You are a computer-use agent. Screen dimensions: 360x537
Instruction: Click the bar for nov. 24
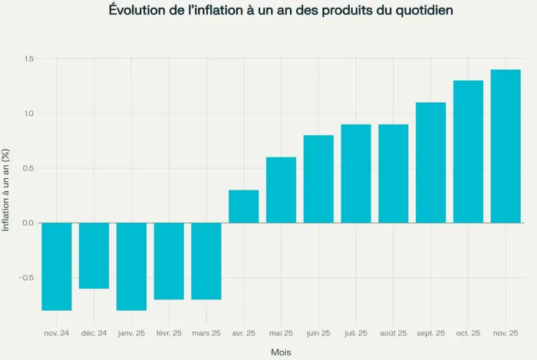click(57, 266)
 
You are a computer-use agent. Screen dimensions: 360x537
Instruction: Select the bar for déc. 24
click(94, 256)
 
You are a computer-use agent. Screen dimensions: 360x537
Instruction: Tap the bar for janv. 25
click(131, 266)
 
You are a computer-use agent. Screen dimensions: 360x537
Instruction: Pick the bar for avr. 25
click(244, 206)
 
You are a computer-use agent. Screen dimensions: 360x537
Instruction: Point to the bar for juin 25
click(318, 179)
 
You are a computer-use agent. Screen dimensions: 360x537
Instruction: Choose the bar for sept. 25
click(430, 163)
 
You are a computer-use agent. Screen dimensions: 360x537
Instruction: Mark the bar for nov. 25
click(506, 146)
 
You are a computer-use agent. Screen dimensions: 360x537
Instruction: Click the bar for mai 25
click(281, 190)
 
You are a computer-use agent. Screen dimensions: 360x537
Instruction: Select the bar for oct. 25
click(468, 151)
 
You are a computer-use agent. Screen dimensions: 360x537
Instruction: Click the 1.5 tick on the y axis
click(28, 59)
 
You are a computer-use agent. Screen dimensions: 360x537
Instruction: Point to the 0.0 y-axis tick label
click(28, 223)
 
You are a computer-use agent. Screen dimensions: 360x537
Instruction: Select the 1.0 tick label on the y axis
click(28, 114)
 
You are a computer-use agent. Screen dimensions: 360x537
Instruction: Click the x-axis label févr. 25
click(169, 333)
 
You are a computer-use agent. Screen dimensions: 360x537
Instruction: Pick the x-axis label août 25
click(393, 333)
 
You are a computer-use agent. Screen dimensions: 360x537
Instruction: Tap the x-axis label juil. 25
click(356, 333)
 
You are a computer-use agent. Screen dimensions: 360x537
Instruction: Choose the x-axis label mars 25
click(206, 333)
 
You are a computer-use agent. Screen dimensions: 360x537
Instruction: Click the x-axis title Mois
click(281, 352)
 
